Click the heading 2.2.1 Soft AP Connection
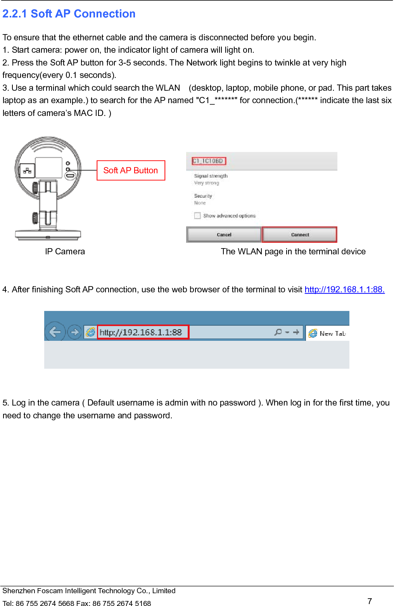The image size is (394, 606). pos(69,14)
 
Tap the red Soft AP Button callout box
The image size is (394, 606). pos(131,171)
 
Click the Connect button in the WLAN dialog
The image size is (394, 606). pos(300,235)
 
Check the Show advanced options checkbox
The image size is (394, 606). pos(198,216)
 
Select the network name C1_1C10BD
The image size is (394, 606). pos(209,161)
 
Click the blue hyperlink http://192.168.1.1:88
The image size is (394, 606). pos(344,290)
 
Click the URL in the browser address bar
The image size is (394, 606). pos(141,332)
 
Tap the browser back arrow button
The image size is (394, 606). pos(55,332)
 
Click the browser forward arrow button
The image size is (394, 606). pos(74,332)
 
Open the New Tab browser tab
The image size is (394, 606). pos(328,333)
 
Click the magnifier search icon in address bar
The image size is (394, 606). pos(278,332)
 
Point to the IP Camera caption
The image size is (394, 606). pos(65,252)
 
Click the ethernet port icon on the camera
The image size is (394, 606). pos(27,171)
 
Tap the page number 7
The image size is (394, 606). pos(370,601)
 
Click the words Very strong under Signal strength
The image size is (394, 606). pos(206,183)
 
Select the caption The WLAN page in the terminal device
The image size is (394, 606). pos(293,252)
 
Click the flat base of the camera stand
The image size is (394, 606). pos(48,234)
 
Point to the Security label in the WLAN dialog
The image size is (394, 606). pos(203,196)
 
